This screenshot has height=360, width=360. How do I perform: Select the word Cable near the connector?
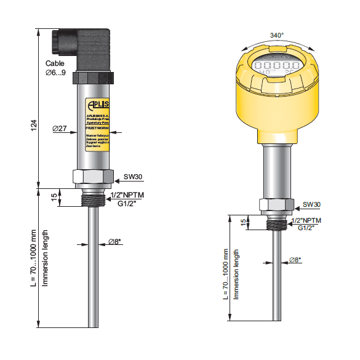click(x=55, y=63)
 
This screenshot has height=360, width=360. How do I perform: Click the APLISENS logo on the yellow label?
click(x=98, y=103)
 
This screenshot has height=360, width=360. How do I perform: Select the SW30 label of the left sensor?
click(x=133, y=177)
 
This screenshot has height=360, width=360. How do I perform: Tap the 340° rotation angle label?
click(x=278, y=36)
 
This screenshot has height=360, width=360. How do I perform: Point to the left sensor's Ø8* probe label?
click(x=115, y=241)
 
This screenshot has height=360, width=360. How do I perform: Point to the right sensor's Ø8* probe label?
click(x=295, y=260)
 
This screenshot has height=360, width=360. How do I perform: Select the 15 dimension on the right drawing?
click(x=242, y=222)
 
